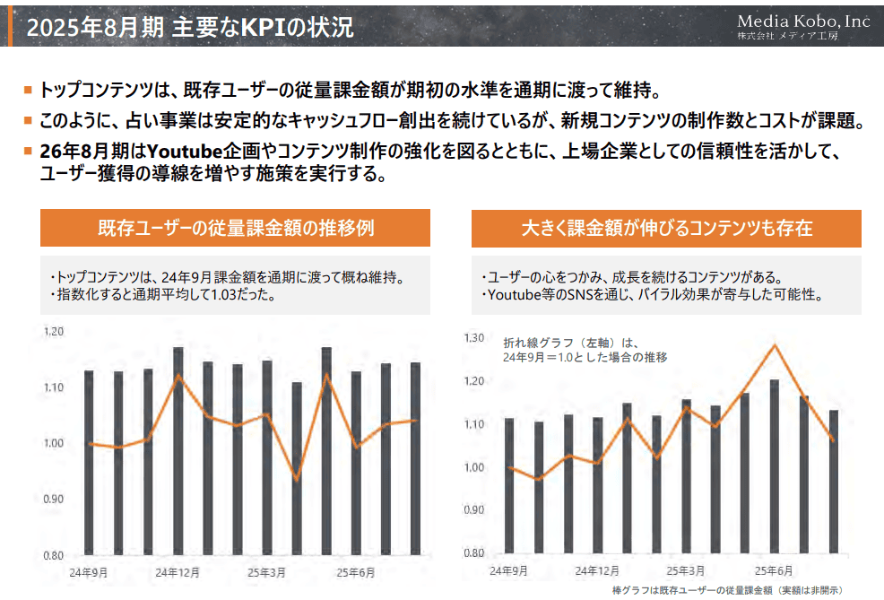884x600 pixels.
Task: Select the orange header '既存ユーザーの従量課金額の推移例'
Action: [235, 228]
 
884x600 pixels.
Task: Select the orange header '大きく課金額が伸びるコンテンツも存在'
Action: [666, 228]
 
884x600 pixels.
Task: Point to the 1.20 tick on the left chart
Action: [54, 332]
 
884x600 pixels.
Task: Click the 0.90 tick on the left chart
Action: [54, 500]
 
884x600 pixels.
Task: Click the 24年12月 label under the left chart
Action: [178, 572]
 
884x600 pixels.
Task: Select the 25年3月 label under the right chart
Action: [686, 570]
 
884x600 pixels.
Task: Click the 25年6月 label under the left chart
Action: [356, 572]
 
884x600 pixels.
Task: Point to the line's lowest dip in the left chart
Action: [297, 479]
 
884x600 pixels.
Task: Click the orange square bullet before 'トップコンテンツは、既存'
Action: [28, 91]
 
